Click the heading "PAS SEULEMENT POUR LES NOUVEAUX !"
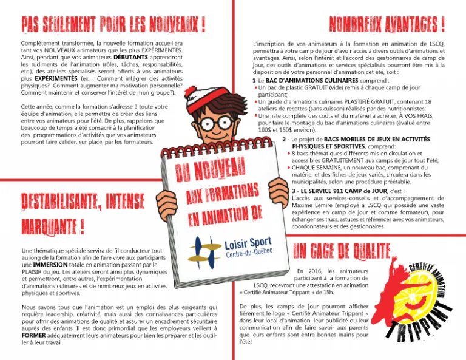(x=113, y=25)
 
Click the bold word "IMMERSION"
(x=50, y=265)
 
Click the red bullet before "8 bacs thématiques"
(x=288, y=154)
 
